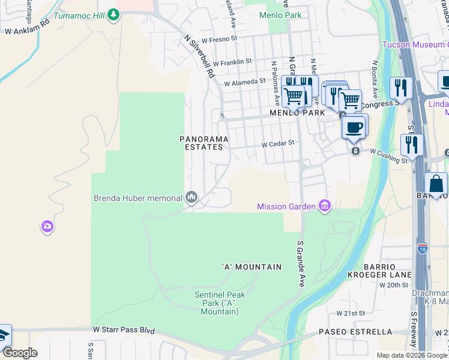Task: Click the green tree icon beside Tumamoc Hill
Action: (x=112, y=16)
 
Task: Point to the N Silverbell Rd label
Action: (x=199, y=56)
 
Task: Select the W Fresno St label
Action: (x=220, y=40)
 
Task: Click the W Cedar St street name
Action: (x=277, y=144)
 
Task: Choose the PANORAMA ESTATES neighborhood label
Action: (x=204, y=143)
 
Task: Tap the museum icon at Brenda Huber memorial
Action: (x=192, y=197)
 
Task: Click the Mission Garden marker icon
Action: (x=325, y=206)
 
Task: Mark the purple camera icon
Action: (x=47, y=227)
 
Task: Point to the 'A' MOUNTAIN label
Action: (x=243, y=267)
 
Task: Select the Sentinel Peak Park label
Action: (x=220, y=303)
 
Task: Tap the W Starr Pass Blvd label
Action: (x=124, y=331)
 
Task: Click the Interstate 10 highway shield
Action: (x=423, y=248)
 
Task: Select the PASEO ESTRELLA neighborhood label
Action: (x=355, y=332)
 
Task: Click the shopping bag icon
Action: (x=436, y=184)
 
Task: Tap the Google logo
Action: (x=19, y=353)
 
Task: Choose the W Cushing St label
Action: (x=388, y=156)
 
